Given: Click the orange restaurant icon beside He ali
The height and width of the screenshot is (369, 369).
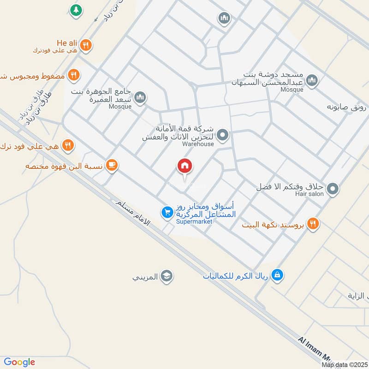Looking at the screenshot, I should [x=85, y=45].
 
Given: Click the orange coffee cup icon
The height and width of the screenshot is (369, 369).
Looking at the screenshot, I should [x=111, y=165].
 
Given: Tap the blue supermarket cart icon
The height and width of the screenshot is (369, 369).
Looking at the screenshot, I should [x=167, y=212].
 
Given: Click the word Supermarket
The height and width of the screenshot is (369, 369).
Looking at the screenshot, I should [x=194, y=222].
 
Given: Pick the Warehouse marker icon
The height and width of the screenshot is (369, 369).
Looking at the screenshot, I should [x=223, y=135].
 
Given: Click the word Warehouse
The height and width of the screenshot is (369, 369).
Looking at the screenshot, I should [x=198, y=144].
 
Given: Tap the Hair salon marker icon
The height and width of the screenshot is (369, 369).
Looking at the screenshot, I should [x=333, y=188].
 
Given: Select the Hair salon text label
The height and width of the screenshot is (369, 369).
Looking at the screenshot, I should [x=314, y=195].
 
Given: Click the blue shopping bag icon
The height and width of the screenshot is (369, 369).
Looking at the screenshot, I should [x=277, y=275].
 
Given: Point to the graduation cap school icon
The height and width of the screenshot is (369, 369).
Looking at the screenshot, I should [x=167, y=276].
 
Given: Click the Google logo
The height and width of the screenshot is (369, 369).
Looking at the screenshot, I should [x=19, y=362].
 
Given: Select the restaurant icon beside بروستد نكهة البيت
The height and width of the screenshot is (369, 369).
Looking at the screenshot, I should [x=314, y=224].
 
